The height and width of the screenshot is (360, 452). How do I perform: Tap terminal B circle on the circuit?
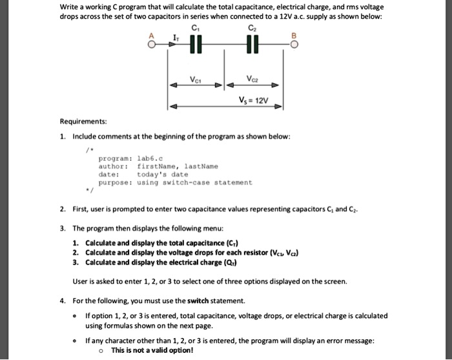tap(294, 45)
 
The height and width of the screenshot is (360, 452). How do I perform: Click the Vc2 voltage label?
tap(254, 80)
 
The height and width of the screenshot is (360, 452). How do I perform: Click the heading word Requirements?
tap(83, 121)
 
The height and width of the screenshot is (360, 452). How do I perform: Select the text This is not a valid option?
tap(152, 350)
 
